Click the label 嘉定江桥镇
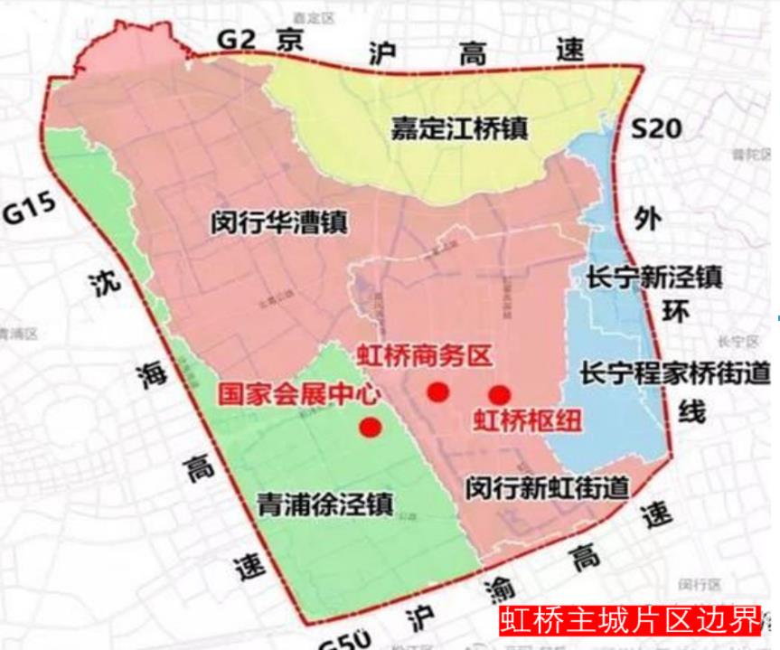pyautogui.click(x=459, y=128)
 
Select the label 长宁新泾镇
pyautogui.click(x=642, y=276)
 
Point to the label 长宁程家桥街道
pyautogui.click(x=673, y=372)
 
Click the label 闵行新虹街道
pyautogui.click(x=548, y=489)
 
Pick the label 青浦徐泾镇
pyautogui.click(x=324, y=504)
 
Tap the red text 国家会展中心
pyautogui.click(x=300, y=395)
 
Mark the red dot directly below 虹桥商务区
pyautogui.click(x=438, y=391)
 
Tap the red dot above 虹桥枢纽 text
pyautogui.click(x=499, y=394)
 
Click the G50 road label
pyautogui.click(x=344, y=637)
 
